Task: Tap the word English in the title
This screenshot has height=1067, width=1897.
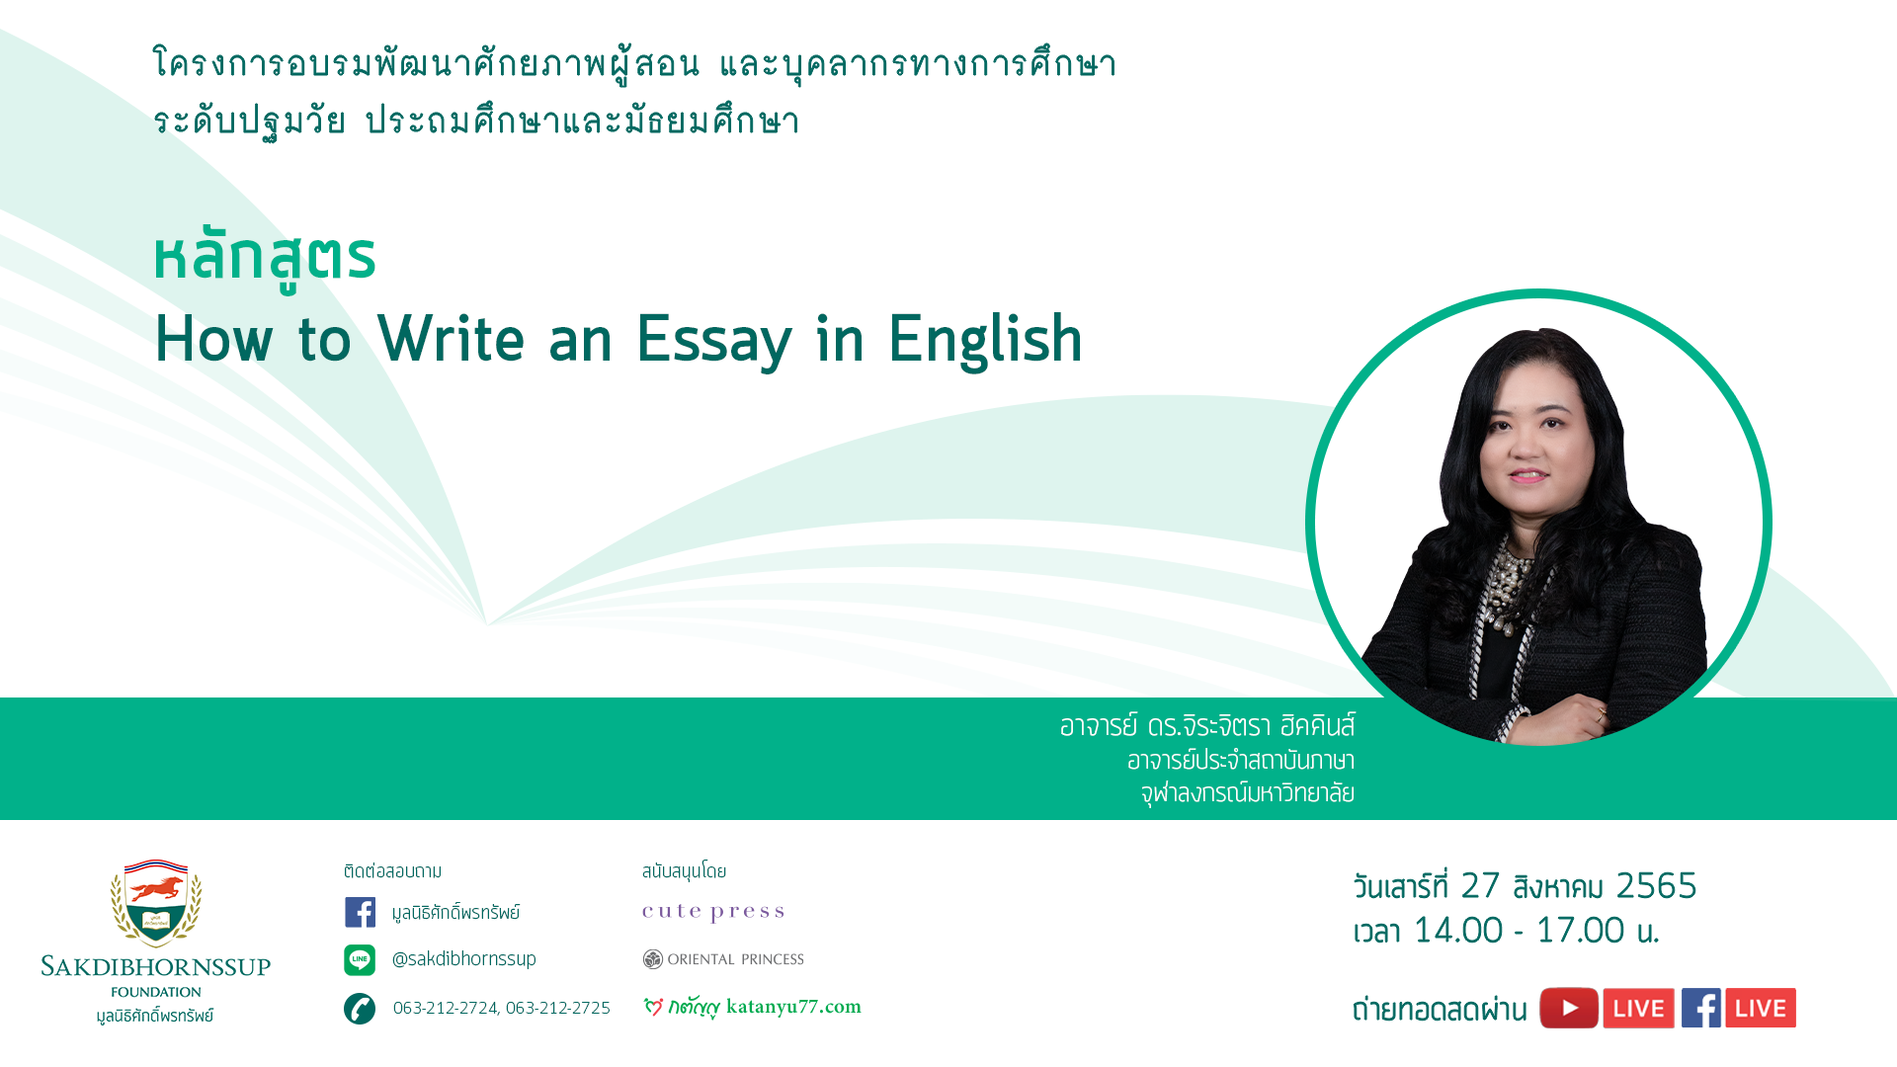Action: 985,339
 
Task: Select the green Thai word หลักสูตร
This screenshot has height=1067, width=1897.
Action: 265,259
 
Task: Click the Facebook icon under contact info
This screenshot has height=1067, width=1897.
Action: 360,912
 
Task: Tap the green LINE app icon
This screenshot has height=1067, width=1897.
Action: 360,959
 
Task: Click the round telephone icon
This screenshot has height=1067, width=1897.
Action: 360,1009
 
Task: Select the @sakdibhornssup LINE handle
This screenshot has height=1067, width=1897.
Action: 463,959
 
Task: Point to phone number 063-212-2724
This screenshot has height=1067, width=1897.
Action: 446,1008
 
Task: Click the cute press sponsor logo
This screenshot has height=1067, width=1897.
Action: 713,912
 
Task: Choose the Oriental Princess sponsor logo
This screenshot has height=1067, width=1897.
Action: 723,959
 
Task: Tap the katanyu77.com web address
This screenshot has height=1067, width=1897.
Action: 793,1007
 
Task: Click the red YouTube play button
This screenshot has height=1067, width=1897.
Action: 1569,1008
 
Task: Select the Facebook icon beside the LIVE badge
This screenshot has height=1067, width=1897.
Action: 1701,1008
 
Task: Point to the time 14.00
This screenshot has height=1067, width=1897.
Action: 1457,931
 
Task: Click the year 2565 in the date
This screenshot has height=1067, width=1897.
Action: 1656,886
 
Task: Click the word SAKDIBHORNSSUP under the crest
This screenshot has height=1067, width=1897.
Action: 156,966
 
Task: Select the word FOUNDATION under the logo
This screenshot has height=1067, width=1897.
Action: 156,992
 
